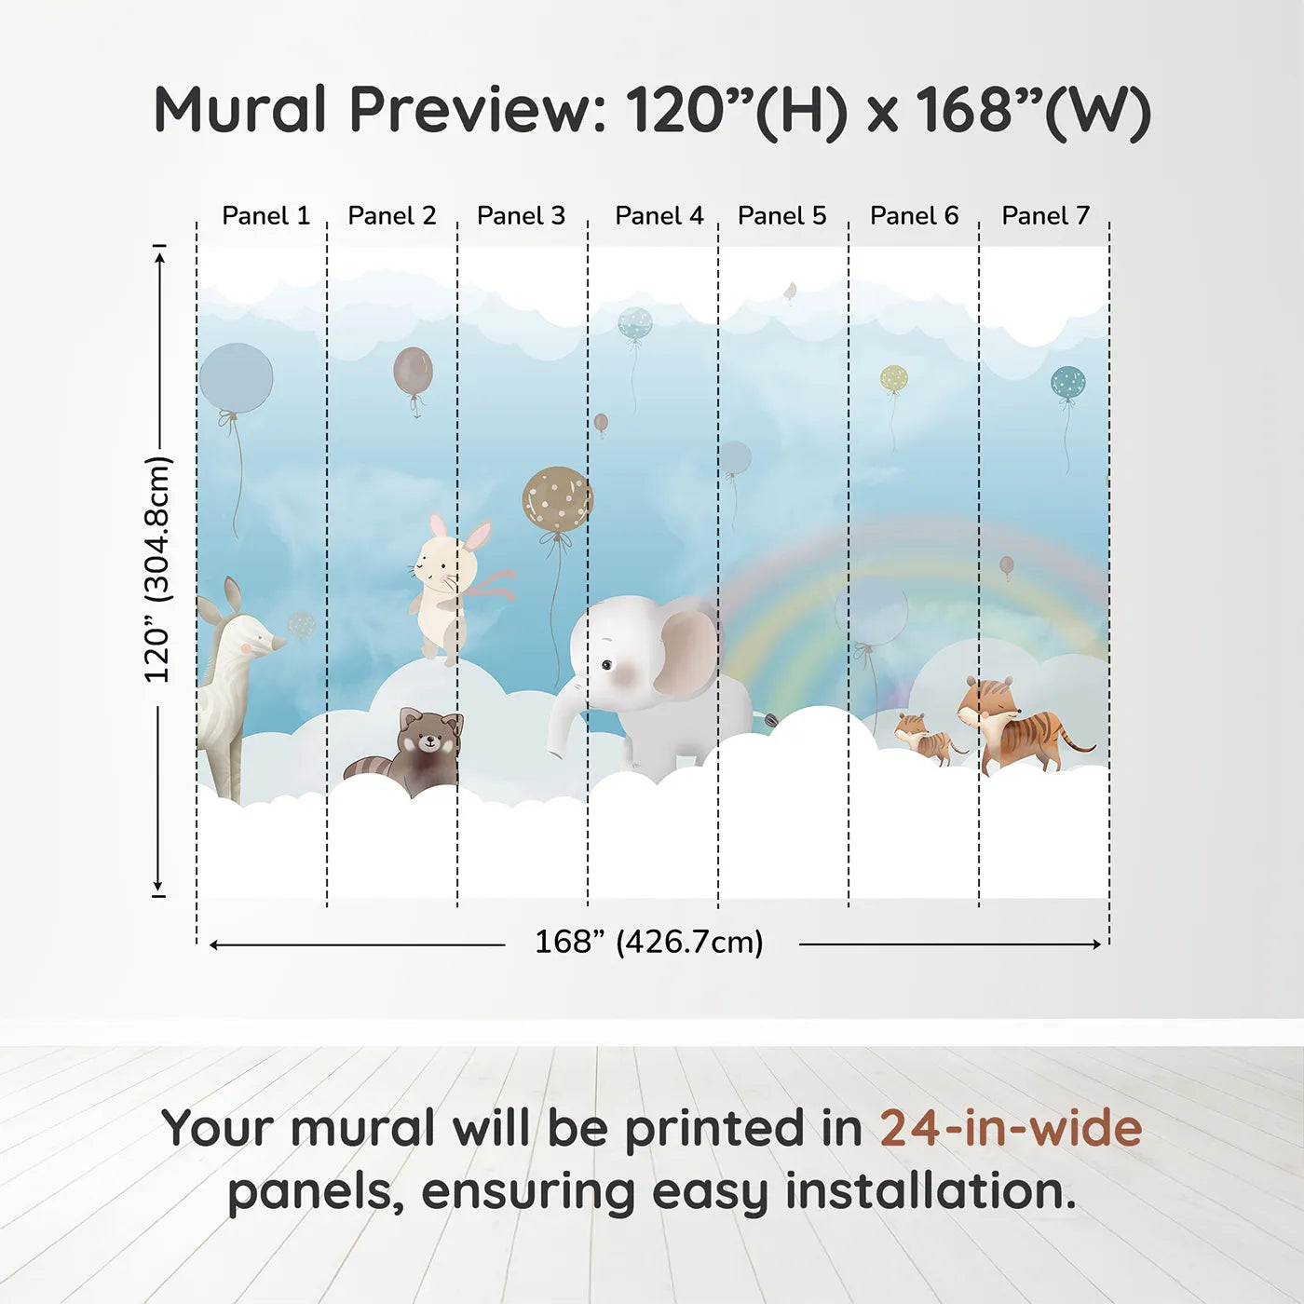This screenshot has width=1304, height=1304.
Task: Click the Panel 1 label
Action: [x=266, y=215]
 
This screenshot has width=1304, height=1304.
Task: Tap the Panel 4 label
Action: [x=659, y=215]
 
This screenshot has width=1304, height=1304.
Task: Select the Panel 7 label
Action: [x=1045, y=215]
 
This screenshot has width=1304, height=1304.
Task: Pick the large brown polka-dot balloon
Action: [x=557, y=499]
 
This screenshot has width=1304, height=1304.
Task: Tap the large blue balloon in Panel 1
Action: [x=236, y=377]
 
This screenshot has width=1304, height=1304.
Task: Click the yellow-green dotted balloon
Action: [x=894, y=378]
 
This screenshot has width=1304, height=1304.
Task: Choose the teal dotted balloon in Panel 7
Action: [x=1067, y=382]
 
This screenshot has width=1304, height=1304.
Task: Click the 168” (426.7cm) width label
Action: [x=649, y=942]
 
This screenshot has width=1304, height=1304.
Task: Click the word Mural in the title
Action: [x=240, y=110]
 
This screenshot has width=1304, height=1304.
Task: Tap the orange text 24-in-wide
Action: [x=1011, y=1128]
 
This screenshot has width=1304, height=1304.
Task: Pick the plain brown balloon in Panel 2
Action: [x=413, y=371]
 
